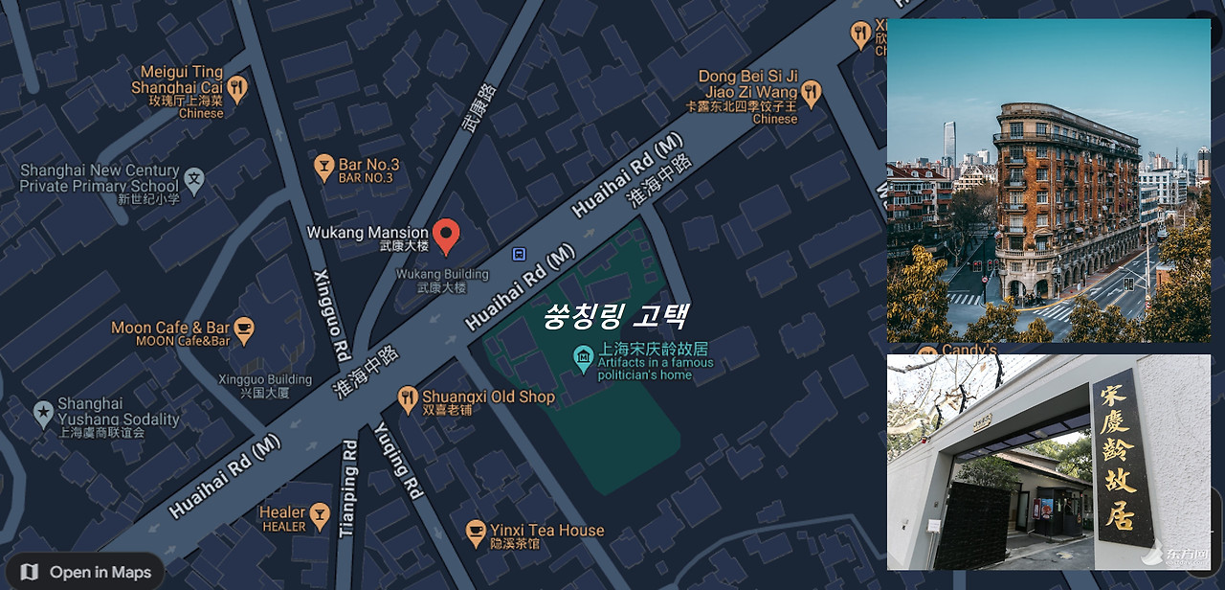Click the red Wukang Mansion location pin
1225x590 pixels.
click(446, 234)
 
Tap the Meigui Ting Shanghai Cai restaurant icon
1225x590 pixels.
click(237, 89)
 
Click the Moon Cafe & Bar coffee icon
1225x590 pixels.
click(245, 329)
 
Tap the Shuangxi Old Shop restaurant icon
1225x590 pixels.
click(408, 397)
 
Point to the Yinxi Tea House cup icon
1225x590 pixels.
click(475, 531)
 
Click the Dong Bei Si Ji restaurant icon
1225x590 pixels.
click(812, 92)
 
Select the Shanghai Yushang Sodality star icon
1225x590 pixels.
click(43, 413)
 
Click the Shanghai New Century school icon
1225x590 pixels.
click(194, 178)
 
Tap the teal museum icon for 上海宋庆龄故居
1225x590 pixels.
click(583, 358)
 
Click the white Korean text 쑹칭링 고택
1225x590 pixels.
click(614, 315)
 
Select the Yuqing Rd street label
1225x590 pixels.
click(398, 461)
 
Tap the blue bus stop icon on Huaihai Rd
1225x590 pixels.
click(519, 254)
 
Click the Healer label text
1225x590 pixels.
click(283, 513)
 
